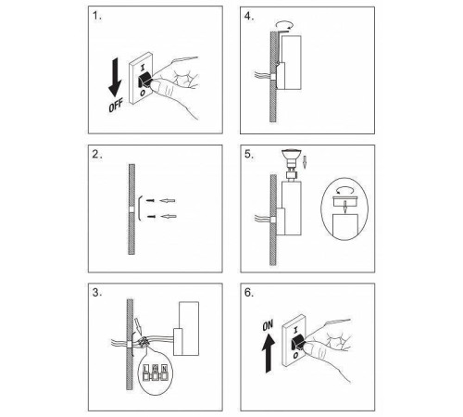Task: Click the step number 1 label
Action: pos(97,16)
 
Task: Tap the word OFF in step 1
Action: pos(116,105)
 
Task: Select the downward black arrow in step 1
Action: pos(115,77)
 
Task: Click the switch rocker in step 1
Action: pos(144,80)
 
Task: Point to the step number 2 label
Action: pos(97,155)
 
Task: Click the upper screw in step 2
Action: pos(150,201)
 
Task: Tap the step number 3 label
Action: pos(97,293)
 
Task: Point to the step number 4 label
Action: pos(249,17)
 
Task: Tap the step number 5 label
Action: pos(249,155)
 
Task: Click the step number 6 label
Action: pos(249,293)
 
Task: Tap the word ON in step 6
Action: pos(268,326)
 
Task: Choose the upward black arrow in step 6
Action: pos(269,354)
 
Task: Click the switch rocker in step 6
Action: pos(299,343)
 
